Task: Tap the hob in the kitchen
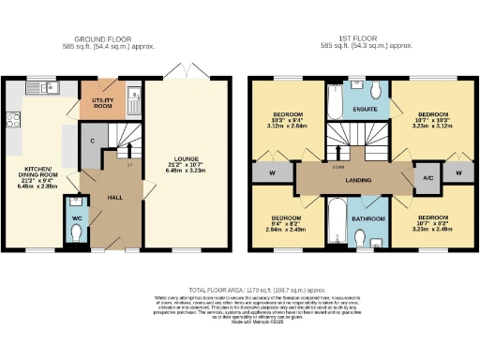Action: click(x=13, y=119)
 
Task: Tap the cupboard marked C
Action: click(x=94, y=142)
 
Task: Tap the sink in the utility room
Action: click(x=133, y=95)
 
